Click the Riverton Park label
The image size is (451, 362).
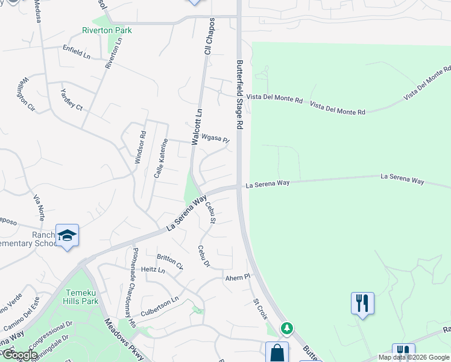(107, 30)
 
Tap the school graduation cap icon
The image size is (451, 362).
(67, 235)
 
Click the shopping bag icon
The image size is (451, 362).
(277, 352)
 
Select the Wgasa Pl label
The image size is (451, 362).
(215, 139)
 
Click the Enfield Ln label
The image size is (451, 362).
(76, 52)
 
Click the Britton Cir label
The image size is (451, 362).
(170, 261)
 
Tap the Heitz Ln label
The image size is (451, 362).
(153, 270)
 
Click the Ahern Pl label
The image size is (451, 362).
(237, 278)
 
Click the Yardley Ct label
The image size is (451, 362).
(71, 100)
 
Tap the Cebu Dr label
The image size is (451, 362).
(204, 256)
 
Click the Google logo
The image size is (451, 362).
(19, 355)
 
